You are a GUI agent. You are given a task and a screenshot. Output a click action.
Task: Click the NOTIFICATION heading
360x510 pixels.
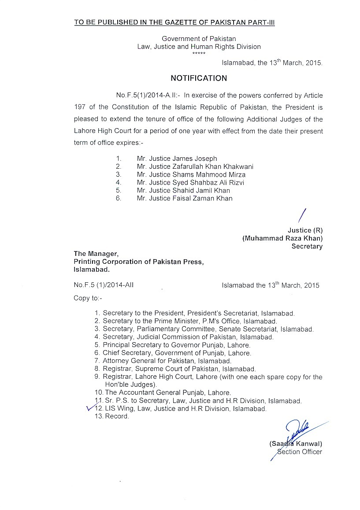tap(199, 78)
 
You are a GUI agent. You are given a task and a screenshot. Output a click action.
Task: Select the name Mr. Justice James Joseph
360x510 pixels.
tap(177, 159)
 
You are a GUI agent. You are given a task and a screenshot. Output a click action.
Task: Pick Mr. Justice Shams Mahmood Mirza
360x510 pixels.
tap(191, 174)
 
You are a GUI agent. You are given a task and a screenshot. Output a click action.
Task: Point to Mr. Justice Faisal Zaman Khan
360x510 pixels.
tap(185, 198)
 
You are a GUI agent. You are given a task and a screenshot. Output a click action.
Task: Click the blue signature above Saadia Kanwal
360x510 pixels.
tap(296, 430)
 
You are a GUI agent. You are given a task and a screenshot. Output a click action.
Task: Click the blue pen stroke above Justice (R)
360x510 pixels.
tap(302, 217)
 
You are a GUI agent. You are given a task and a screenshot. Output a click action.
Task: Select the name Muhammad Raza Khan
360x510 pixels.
tap(282, 238)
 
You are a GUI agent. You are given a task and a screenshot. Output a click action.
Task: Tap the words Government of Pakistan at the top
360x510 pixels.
tap(199, 39)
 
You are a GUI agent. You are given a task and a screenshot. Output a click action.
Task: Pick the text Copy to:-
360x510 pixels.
tap(88, 298)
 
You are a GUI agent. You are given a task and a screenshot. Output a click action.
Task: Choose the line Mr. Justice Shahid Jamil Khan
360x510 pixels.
tap(183, 190)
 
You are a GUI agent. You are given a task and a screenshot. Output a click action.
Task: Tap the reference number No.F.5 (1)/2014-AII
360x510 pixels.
tap(104, 285)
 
